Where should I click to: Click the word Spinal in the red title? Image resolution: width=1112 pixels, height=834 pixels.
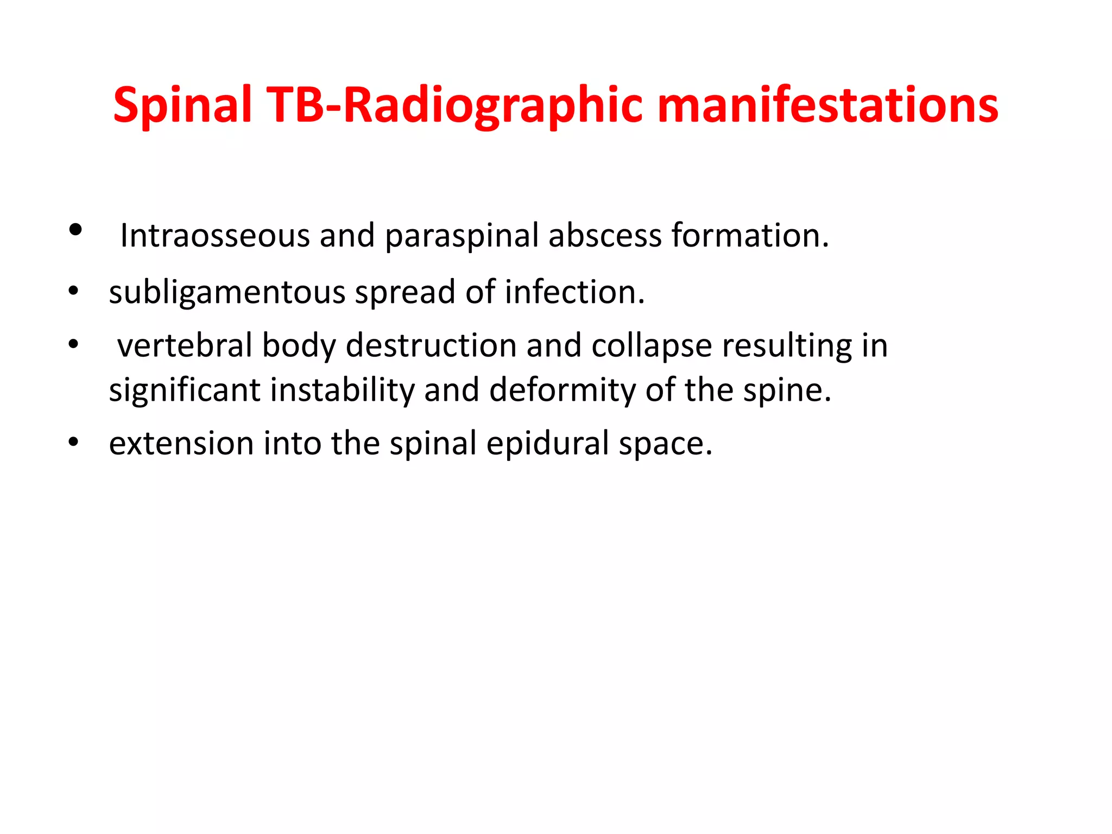182,106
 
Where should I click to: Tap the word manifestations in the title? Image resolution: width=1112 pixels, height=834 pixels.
827,106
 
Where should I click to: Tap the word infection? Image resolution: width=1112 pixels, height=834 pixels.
574,292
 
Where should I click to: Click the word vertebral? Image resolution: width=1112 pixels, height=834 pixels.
184,345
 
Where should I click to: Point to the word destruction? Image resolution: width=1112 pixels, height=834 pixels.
431,345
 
